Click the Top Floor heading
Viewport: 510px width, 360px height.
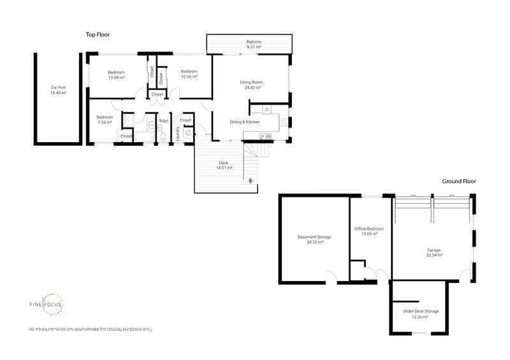pyautogui.click(x=98, y=34)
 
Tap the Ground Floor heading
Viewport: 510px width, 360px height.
pyautogui.click(x=458, y=181)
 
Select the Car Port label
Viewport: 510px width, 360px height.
pyautogui.click(x=58, y=87)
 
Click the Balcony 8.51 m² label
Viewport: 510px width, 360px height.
pyautogui.click(x=254, y=44)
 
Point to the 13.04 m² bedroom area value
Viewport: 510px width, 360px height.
pyautogui.click(x=116, y=78)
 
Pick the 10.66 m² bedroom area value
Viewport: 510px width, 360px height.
pyautogui.click(x=189, y=76)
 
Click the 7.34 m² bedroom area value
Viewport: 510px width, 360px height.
pyautogui.click(x=105, y=122)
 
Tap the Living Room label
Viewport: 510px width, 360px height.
pyautogui.click(x=251, y=82)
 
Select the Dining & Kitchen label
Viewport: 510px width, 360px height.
pyautogui.click(x=245, y=122)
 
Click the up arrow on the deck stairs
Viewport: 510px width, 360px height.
pyautogui.click(x=250, y=180)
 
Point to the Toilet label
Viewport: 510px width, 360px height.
pyautogui.click(x=163, y=121)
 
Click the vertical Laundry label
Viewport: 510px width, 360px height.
pyautogui.click(x=178, y=134)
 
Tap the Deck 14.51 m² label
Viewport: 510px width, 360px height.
pyautogui.click(x=224, y=165)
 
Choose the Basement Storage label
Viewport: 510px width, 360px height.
pyautogui.click(x=314, y=237)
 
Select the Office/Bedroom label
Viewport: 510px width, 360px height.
pyautogui.click(x=369, y=229)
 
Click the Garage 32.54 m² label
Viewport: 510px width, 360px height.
pyautogui.click(x=434, y=253)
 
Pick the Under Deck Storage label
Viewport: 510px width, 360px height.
pyautogui.click(x=421, y=311)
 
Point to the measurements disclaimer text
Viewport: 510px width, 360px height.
pyautogui.click(x=91, y=329)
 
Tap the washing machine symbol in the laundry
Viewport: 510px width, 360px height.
pyautogui.click(x=189, y=133)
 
